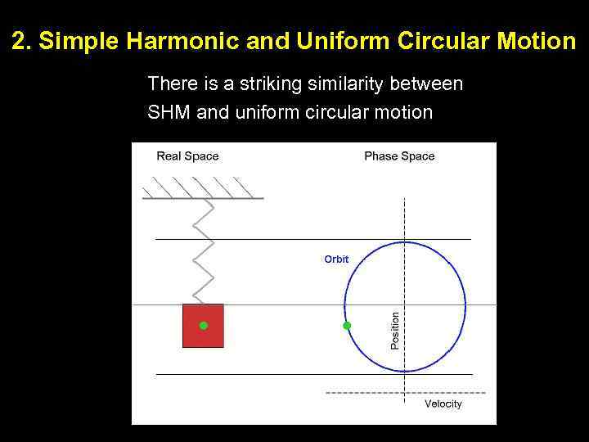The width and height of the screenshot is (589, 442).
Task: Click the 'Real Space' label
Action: pos(187,156)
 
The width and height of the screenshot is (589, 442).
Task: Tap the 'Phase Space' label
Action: pos(399,156)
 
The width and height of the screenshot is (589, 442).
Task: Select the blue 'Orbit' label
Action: pos(336,259)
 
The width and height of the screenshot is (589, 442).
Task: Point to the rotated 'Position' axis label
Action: pos(395,331)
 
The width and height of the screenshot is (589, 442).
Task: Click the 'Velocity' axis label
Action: pos(443,404)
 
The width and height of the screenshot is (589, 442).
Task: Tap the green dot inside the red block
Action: pos(204,326)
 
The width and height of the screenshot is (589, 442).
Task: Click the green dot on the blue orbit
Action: pos(347,326)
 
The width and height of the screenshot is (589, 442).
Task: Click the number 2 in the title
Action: pos(20,42)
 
